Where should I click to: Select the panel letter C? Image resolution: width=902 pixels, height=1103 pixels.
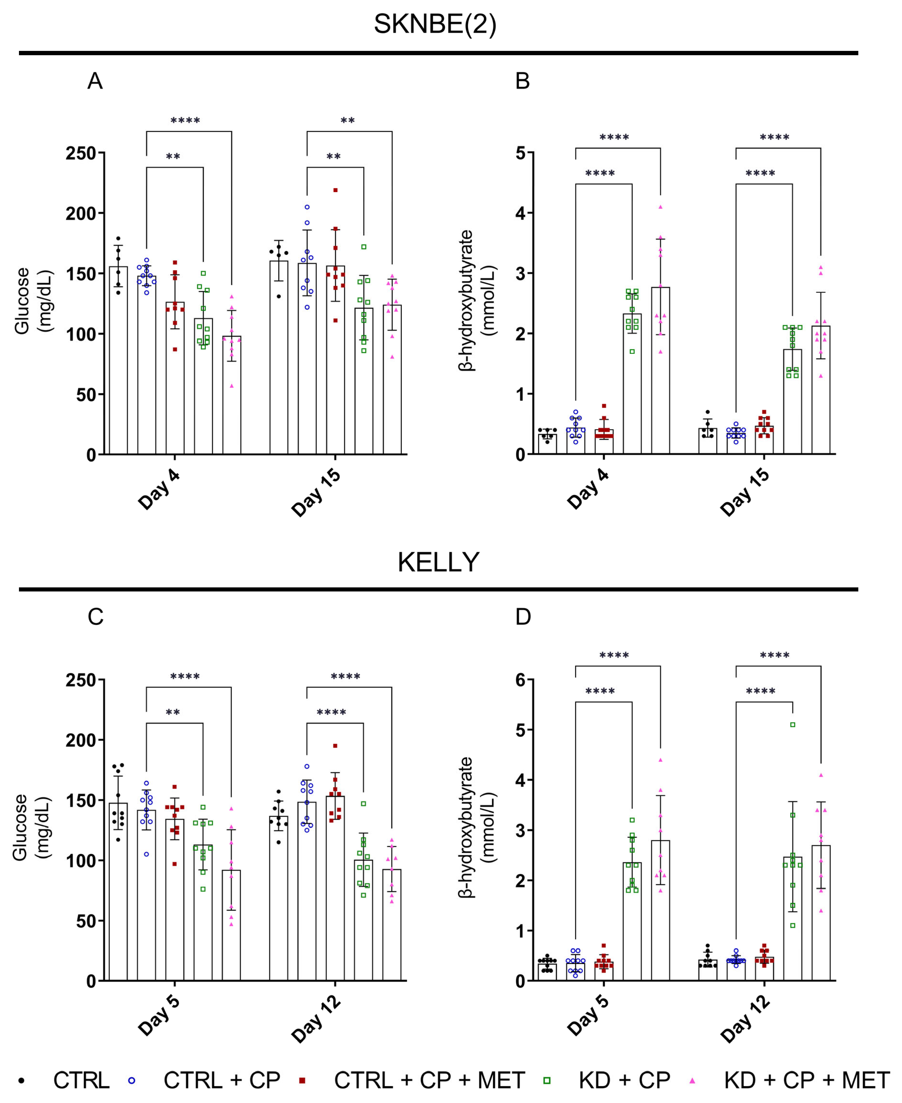[x=95, y=617]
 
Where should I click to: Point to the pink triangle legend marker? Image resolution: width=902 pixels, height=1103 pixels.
[x=692, y=1081]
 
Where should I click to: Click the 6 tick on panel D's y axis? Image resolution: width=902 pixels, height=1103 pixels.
[x=520, y=680]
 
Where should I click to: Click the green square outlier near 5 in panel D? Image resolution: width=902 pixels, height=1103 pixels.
[x=792, y=725]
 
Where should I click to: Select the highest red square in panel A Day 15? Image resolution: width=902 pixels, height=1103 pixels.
[x=335, y=190]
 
